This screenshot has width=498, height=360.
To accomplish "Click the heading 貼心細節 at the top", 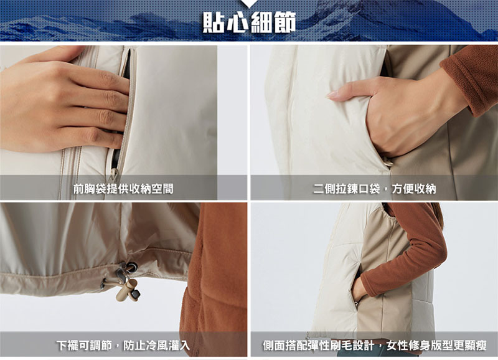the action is click(x=250, y=22).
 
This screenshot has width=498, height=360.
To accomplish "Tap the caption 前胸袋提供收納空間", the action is click(x=123, y=189).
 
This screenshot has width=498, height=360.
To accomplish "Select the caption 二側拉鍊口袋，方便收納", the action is click(x=375, y=189).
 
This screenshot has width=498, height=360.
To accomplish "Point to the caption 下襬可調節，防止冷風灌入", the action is click(x=123, y=345).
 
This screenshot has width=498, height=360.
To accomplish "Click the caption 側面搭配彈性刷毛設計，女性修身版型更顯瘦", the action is click(x=375, y=345).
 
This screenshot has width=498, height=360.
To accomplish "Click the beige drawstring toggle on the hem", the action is click(x=127, y=291).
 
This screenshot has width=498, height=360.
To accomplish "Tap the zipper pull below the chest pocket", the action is click(x=114, y=175).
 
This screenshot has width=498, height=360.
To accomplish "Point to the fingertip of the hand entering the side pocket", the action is click(x=331, y=95).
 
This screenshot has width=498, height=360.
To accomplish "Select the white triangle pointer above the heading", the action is click(x=250, y=3).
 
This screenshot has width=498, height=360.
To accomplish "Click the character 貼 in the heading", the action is click(x=214, y=22).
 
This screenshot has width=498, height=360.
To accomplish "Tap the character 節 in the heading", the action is click(x=285, y=22).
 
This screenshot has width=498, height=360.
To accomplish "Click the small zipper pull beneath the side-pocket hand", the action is click(x=387, y=163).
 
